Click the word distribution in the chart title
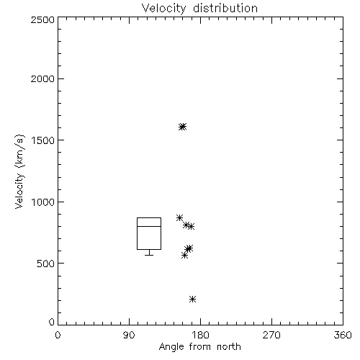(225, 8)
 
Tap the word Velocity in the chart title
(164, 9)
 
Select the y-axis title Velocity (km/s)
(19, 171)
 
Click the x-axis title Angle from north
(200, 346)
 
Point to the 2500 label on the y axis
(42, 19)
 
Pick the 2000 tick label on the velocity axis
(42, 78)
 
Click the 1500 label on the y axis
(42, 140)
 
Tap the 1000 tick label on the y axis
(42, 202)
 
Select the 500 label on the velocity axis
(45, 264)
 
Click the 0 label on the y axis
(52, 322)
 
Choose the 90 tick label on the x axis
(129, 335)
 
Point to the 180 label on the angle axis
(200, 335)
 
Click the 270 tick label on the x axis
(271, 335)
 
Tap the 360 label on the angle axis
(343, 335)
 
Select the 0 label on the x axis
(58, 335)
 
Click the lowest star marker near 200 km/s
(192, 299)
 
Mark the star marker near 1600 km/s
(182, 127)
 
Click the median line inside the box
(149, 226)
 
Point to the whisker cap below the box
(149, 255)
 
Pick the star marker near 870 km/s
(179, 217)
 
